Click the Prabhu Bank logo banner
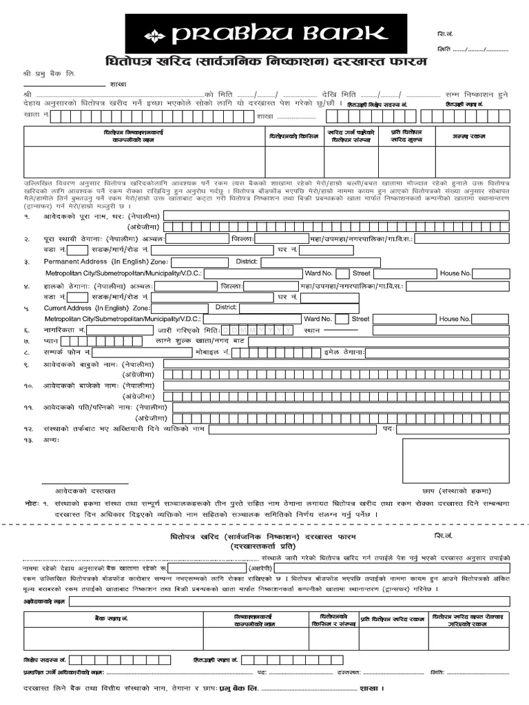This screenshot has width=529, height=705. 265,33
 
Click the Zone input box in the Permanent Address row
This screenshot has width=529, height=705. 199,262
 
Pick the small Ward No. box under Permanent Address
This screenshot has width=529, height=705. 342,273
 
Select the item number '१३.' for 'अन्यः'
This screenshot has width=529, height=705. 28,439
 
